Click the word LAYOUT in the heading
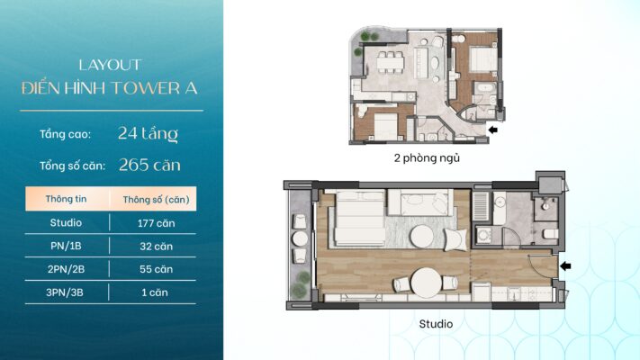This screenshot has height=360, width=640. tap(110, 65)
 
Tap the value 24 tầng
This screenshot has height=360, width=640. tap(149, 133)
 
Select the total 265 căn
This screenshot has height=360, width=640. tap(149, 165)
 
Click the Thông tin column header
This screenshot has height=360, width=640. tap(66, 199)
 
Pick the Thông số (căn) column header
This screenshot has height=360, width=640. tap(156, 200)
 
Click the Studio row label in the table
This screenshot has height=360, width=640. tap(66, 222)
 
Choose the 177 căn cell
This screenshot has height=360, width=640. tap(156, 223)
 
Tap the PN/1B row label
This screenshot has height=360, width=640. tap(66, 246)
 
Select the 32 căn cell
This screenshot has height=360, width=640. tap(156, 247)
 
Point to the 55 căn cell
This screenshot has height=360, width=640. tap(156, 269)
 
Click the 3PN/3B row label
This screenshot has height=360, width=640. tap(65, 292)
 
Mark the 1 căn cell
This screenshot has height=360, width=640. tap(155, 292)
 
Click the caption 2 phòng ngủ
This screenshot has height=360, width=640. tap(427, 158)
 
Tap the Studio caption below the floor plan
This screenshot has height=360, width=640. tap(436, 324)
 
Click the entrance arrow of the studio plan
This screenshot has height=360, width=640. tap(565, 266)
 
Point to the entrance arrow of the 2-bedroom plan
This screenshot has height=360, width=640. tap(493, 130)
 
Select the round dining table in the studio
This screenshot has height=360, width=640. tap(426, 282)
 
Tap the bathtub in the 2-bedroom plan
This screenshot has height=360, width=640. tap(485, 88)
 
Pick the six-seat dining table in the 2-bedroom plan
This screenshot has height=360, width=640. tap(390, 62)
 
